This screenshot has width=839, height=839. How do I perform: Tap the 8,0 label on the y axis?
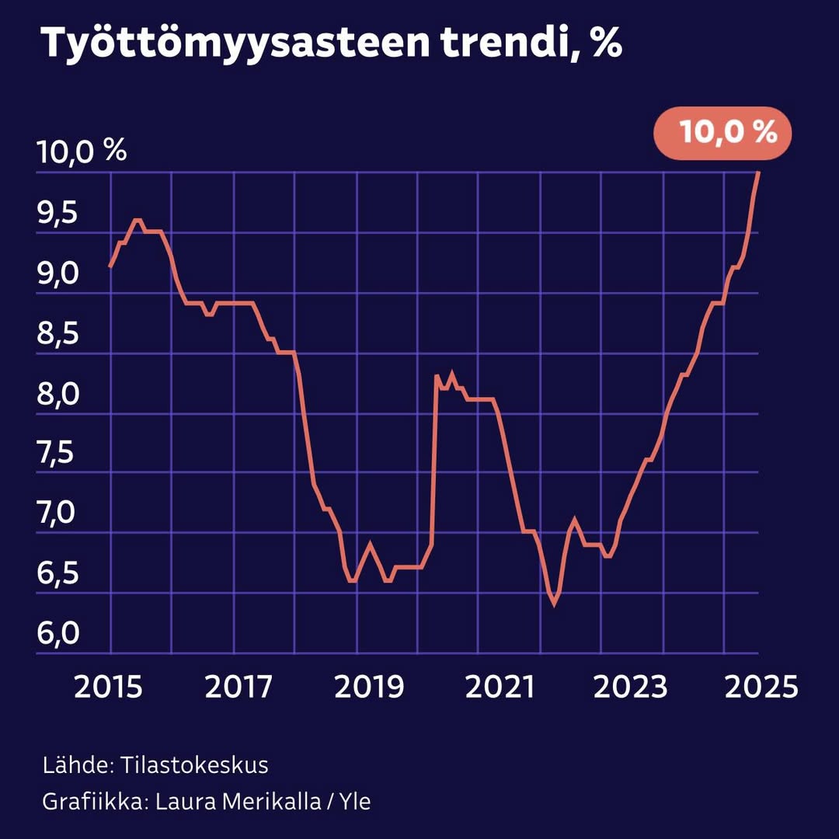click(x=57, y=394)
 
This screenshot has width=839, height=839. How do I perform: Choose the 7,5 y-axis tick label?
click(x=57, y=454)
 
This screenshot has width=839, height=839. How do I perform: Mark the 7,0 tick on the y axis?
click(x=57, y=513)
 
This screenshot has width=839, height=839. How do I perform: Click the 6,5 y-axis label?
click(x=57, y=574)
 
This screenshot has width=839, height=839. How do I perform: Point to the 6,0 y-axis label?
click(x=57, y=634)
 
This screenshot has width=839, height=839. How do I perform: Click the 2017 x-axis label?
click(x=239, y=688)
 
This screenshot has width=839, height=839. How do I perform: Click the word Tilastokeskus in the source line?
click(x=194, y=765)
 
